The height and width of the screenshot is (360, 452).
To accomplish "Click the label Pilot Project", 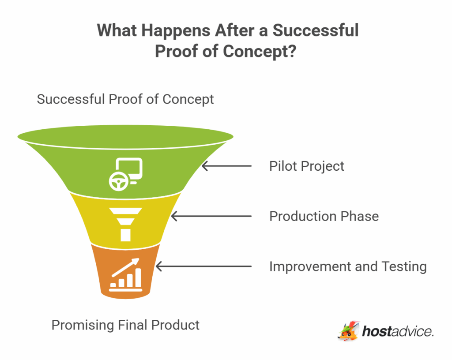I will (306, 166).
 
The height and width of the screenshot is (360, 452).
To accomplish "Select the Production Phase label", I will (324, 216).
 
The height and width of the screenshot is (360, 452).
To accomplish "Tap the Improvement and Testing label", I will (347, 266).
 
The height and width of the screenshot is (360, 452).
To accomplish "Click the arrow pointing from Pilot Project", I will (226, 166).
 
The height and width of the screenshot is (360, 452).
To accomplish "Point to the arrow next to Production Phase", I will (211, 216).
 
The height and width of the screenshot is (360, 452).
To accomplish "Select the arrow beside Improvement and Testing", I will (203, 266).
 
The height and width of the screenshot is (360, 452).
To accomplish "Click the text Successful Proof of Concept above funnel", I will (125, 99).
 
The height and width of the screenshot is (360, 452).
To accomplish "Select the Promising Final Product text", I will (125, 325).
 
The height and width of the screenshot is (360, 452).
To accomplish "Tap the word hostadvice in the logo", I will (397, 331).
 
